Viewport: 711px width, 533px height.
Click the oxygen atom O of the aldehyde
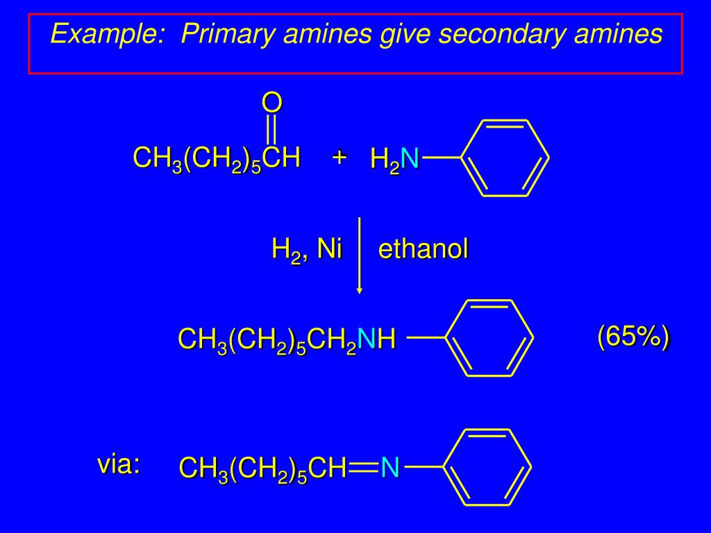tap(272, 103)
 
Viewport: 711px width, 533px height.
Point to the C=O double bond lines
tap(272, 130)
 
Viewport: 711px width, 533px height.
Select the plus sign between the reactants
tap(339, 157)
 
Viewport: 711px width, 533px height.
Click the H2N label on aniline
tap(394, 160)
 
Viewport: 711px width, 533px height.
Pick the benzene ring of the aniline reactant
tap(505, 158)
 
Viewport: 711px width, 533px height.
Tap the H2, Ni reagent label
tap(307, 248)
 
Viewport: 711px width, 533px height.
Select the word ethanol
tap(424, 249)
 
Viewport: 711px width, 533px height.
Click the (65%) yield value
tap(633, 337)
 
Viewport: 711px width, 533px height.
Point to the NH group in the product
tap(378, 339)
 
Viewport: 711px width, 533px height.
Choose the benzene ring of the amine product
tap(488, 338)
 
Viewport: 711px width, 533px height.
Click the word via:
tap(119, 464)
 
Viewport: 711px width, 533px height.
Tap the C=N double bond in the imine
tap(363, 468)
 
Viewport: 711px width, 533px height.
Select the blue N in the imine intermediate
tap(390, 468)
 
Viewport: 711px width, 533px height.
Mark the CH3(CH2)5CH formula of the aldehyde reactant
tap(217, 159)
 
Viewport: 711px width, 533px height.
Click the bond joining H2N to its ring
tap(442, 158)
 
